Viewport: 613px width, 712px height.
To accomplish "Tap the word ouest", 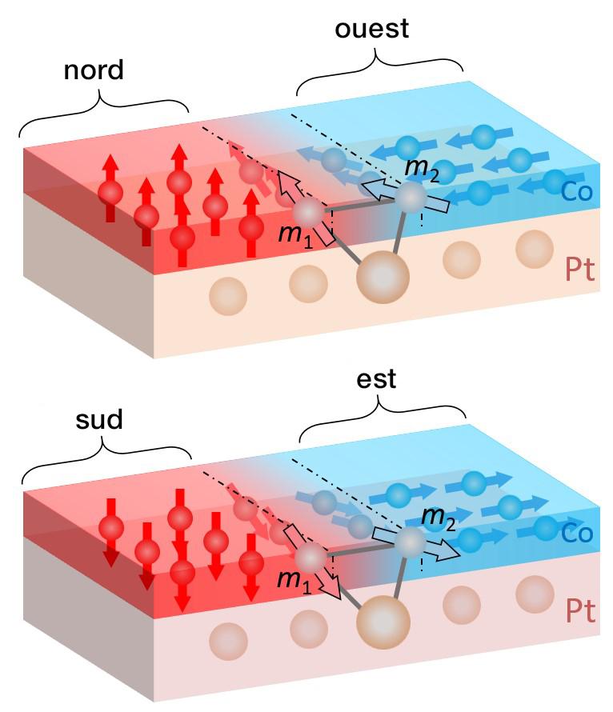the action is (372, 29).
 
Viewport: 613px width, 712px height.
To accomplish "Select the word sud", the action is (99, 419).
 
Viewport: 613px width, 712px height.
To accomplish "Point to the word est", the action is (376, 379).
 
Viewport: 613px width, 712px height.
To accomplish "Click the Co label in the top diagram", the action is (577, 191).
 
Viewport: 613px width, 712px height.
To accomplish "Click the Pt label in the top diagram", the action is (580, 270).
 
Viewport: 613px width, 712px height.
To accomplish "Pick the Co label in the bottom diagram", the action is (577, 533).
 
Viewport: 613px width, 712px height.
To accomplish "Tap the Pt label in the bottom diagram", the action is (580, 612).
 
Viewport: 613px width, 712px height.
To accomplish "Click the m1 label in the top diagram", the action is (295, 235).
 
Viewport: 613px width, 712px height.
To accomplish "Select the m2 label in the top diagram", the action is (422, 170).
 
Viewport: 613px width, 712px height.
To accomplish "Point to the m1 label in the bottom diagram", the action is (294, 581).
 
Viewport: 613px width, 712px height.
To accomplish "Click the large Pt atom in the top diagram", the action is (383, 277).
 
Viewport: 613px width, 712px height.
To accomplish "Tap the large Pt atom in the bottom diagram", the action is (383, 622).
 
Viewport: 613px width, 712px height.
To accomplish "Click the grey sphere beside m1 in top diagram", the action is (308, 213).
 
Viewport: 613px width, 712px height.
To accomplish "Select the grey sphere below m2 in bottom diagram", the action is (411, 542).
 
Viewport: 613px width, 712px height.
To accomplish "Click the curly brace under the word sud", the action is (106, 458).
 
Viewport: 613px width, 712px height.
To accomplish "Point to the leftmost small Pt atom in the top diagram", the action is (228, 296).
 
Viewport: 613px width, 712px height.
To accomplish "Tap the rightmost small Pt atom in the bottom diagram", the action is (535, 594).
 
